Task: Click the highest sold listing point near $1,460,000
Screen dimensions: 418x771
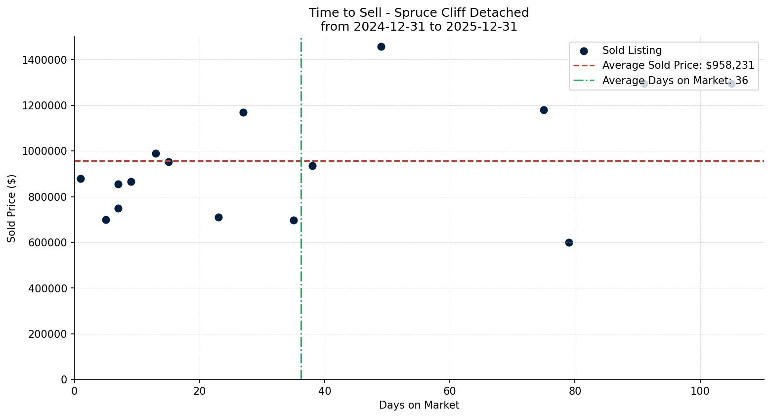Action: [381, 47]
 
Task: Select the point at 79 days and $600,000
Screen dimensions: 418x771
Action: [569, 242]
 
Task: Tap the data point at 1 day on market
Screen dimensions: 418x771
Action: [81, 179]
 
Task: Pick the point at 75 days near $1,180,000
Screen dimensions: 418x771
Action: [544, 110]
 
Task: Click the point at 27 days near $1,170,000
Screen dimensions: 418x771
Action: [243, 112]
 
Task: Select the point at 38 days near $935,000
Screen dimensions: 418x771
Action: [312, 166]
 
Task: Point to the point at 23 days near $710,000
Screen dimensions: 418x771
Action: [218, 217]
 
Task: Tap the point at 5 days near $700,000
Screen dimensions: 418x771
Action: [106, 220]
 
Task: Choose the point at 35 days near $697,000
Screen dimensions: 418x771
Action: [294, 220]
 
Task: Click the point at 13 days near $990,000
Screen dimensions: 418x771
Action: [156, 153]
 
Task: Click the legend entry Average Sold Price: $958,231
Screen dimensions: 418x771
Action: [678, 65]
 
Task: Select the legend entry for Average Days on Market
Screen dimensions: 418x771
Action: [675, 81]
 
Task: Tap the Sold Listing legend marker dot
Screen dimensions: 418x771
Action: [584, 50]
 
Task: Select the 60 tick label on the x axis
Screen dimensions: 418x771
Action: [450, 391]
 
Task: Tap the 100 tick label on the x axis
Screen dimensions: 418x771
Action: [700, 391]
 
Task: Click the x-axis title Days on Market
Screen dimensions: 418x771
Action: [419, 405]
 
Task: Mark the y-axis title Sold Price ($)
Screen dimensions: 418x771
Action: [11, 208]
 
